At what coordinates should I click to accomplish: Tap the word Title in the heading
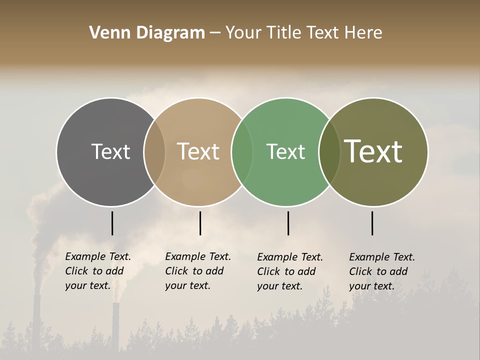(x=283, y=33)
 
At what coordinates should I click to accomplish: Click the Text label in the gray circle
(x=110, y=151)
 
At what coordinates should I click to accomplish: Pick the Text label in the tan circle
(x=198, y=151)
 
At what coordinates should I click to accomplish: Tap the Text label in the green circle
(x=285, y=151)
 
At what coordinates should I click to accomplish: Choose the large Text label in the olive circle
(x=373, y=151)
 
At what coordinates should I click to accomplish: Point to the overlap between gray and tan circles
(x=154, y=151)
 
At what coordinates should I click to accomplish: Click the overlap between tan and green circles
(x=242, y=151)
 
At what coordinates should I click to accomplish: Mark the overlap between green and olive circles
(x=329, y=151)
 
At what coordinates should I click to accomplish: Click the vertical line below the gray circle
(x=112, y=223)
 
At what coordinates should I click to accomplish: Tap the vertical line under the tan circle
(x=200, y=223)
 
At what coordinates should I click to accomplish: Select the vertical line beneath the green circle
(x=288, y=223)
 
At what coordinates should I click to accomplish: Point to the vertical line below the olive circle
(x=372, y=223)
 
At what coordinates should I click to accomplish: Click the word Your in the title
(x=243, y=33)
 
